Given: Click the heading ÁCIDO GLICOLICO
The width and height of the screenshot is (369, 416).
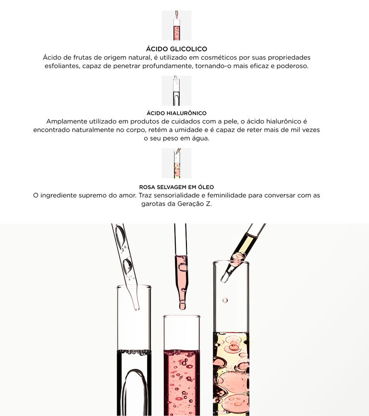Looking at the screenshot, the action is pyautogui.click(x=176, y=49).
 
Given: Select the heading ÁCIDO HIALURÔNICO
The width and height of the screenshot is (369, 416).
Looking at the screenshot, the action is pyautogui.click(x=176, y=113).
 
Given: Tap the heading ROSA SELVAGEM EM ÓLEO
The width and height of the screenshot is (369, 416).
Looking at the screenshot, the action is pyautogui.click(x=176, y=187).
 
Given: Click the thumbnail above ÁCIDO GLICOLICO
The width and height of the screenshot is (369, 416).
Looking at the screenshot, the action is pyautogui.click(x=176, y=25).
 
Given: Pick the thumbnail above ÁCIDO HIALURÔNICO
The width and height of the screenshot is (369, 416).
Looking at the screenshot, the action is pyautogui.click(x=176, y=91).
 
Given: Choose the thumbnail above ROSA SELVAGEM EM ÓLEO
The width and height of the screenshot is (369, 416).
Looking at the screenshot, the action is pyautogui.click(x=176, y=163).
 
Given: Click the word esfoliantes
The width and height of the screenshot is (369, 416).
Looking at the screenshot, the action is pyautogui.click(x=62, y=66).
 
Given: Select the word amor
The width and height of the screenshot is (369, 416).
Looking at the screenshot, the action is pyautogui.click(x=128, y=195).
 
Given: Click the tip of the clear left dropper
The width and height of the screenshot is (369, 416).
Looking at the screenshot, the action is pyautogui.click(x=137, y=308).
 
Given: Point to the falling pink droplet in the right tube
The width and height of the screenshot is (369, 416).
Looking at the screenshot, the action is pyautogui.click(x=225, y=300).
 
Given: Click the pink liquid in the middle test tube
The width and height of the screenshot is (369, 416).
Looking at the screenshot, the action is pyautogui.click(x=182, y=382).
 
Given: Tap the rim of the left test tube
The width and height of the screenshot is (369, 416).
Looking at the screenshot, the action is pyautogui.click(x=134, y=286).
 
